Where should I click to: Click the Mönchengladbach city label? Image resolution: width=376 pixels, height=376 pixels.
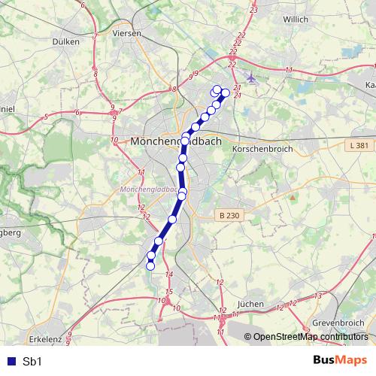pos(177,141)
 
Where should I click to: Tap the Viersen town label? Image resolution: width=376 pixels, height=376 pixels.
pos(126,34)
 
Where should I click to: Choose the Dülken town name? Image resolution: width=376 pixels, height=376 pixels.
pos(67,42)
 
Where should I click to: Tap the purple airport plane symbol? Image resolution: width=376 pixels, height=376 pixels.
pos(250,78)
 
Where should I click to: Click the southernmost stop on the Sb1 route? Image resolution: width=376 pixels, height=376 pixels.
pos(150,265)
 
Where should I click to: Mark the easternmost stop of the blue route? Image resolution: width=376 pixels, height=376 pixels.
pos(224,92)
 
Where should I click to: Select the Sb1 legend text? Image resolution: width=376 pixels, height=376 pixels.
pos(32,361)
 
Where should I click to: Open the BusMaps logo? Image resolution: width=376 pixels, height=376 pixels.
pos(340,361)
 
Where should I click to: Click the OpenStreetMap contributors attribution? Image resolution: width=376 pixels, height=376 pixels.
pos(311,337)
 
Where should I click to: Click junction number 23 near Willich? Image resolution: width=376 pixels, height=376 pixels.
pos(253,9)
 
